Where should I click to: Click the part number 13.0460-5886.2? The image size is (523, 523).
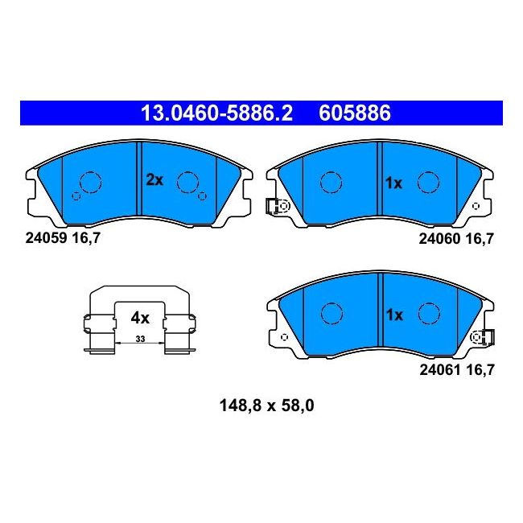tap(216, 113)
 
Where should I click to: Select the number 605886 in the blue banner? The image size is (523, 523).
tap(355, 113)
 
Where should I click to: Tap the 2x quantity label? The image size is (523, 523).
tap(154, 180)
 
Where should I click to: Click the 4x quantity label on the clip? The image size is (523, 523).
tap(140, 318)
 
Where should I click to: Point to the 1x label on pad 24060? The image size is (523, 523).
tap(393, 183)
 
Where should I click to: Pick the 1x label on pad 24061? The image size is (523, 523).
tap(394, 315)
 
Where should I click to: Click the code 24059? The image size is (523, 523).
tap(47, 238)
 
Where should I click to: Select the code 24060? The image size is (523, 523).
tap(439, 239)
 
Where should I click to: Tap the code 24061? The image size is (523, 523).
tap(440, 370)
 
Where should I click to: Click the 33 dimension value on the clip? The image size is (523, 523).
tap(141, 339)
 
